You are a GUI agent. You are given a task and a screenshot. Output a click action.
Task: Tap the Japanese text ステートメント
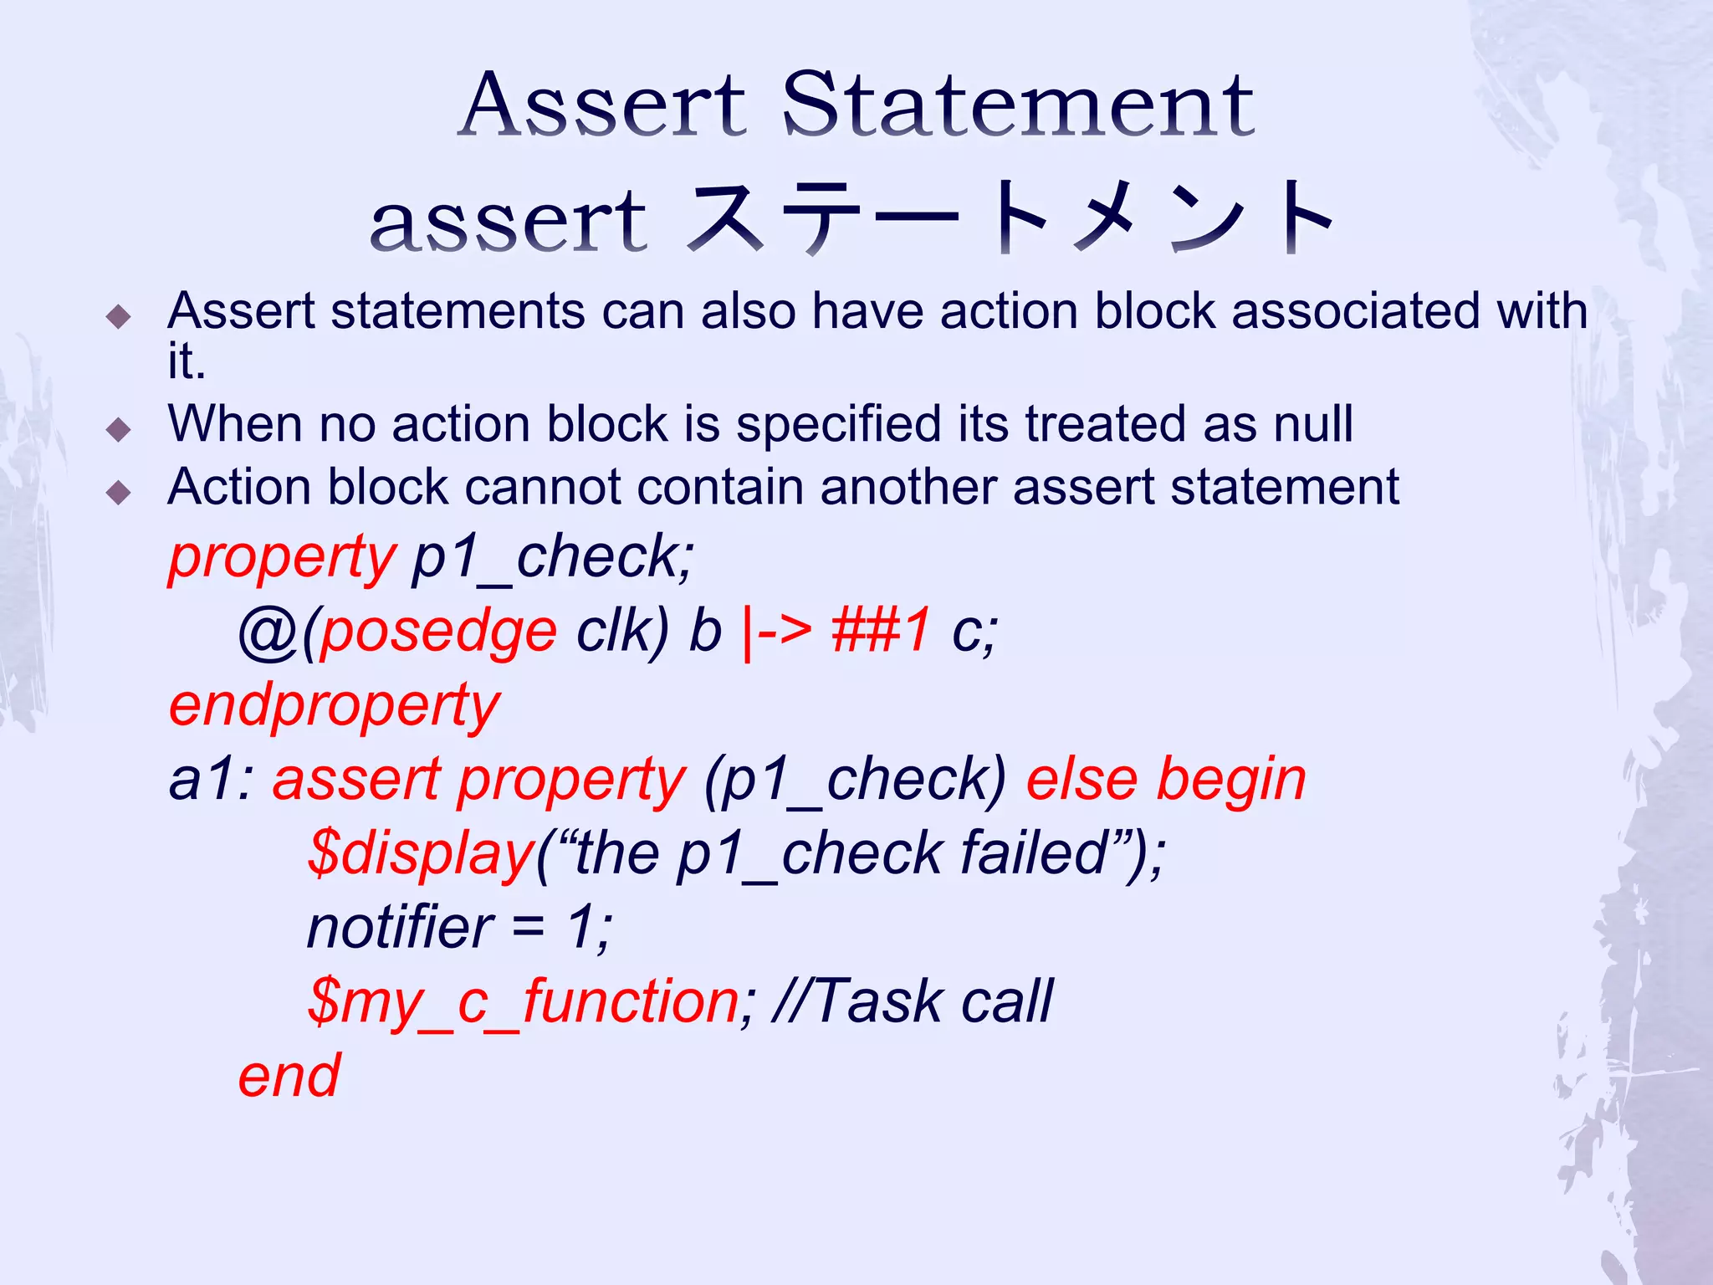(1010, 219)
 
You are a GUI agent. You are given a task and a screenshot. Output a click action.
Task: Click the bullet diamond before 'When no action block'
(120, 429)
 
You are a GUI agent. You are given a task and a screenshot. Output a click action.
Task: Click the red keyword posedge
(438, 631)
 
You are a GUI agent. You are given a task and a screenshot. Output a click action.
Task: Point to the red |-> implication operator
(776, 631)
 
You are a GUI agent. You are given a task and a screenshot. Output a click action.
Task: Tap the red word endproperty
(334, 705)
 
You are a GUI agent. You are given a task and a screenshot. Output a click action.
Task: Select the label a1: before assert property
(211, 780)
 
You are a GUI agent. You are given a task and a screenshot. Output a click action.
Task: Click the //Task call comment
(913, 1001)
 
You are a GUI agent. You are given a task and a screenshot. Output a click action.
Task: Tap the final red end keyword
(289, 1076)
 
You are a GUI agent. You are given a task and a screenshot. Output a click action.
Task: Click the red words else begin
(1165, 780)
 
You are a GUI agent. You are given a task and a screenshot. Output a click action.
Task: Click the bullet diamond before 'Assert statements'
(120, 316)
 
